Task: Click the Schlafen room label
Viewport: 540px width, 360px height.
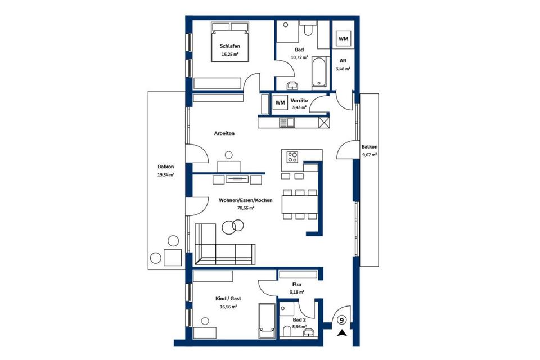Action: click(230, 46)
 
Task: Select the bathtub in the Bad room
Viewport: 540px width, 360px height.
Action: click(318, 71)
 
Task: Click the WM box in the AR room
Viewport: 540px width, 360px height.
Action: click(343, 39)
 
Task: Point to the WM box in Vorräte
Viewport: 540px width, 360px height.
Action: click(280, 103)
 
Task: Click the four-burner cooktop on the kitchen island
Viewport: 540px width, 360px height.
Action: click(292, 157)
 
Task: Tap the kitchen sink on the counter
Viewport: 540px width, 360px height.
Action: click(286, 122)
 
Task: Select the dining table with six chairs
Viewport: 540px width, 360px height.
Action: click(300, 204)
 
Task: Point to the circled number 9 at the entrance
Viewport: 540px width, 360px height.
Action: click(341, 321)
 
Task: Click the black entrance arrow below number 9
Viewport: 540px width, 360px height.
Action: click(342, 333)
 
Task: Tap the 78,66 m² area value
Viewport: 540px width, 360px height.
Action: click(246, 208)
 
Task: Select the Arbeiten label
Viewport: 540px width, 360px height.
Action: click(224, 133)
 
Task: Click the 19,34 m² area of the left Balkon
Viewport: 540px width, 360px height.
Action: click(165, 175)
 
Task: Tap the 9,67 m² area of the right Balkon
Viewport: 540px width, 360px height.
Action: click(369, 155)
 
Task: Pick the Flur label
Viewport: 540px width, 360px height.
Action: click(297, 285)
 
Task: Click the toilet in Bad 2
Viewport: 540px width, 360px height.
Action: click(286, 331)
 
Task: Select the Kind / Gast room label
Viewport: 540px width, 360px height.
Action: click(228, 299)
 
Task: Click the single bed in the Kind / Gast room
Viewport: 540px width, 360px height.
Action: click(267, 321)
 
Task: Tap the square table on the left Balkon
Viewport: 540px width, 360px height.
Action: click(173, 258)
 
